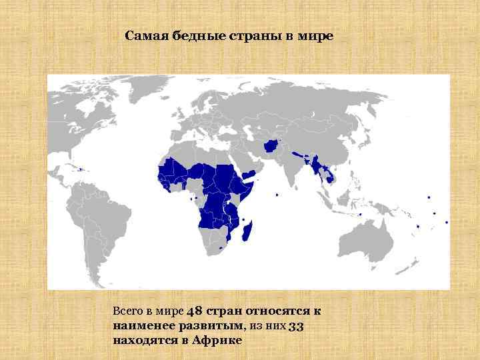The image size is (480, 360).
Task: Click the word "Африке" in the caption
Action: (217, 340)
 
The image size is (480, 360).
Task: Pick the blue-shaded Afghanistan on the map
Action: (273, 147)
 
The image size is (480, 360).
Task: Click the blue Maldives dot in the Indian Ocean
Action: (277, 195)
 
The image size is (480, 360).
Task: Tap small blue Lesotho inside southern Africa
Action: (221, 248)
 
